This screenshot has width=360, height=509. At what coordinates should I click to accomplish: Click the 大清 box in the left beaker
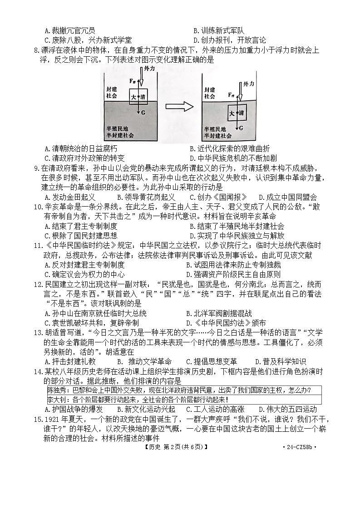click(x=139, y=97)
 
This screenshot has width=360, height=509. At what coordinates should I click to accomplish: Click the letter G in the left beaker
click(x=144, y=112)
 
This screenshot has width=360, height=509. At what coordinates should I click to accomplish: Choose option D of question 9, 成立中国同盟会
click(x=288, y=197)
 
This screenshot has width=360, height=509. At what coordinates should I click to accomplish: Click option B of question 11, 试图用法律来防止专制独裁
click(x=234, y=265)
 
